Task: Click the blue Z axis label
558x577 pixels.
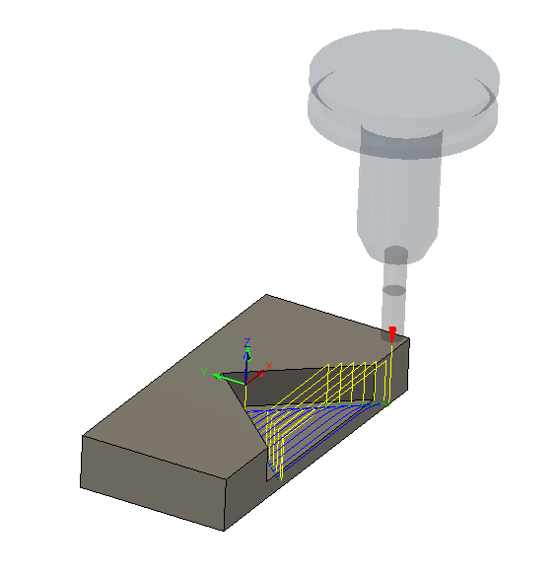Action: [247, 341]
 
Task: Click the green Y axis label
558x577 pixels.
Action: [203, 372]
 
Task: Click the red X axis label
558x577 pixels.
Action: [268, 365]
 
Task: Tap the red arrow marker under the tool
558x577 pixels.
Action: [392, 334]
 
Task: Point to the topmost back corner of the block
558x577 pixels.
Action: [267, 294]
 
